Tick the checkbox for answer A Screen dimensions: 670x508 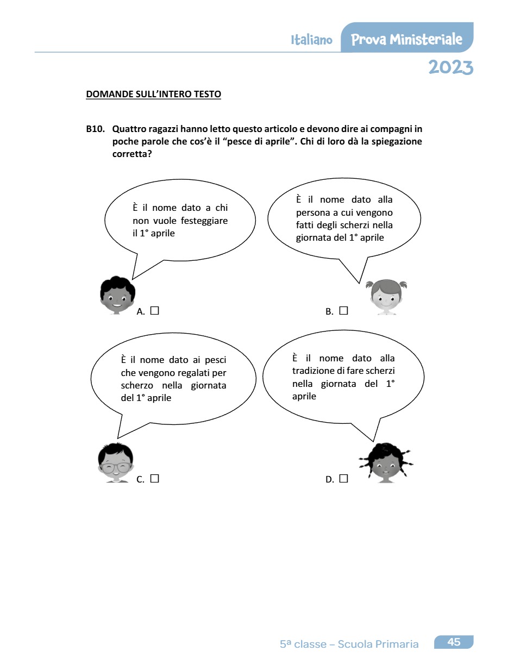(154, 311)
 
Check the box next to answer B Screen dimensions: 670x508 (343, 311)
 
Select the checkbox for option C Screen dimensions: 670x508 (154, 479)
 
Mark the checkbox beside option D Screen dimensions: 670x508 (343, 479)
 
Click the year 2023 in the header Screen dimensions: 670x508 (450, 67)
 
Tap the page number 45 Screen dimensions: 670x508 (454, 642)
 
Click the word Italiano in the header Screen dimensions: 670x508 (311, 40)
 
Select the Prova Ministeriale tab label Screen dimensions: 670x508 (407, 39)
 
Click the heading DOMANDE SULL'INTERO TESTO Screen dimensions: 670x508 (154, 95)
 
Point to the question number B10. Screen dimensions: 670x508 (95, 129)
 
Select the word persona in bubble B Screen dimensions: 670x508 (312, 212)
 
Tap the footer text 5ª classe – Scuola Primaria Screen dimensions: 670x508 (349, 644)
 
